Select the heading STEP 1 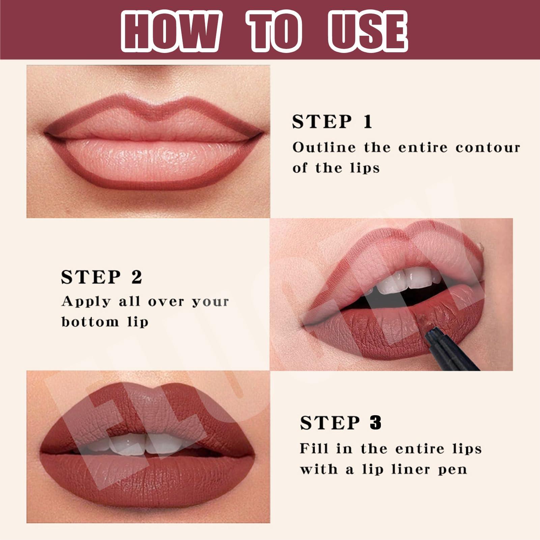[332, 122]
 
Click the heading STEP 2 [102, 277]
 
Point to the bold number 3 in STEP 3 [375, 423]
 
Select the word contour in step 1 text [488, 148]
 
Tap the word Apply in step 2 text [86, 301]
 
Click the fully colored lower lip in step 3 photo [148, 479]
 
